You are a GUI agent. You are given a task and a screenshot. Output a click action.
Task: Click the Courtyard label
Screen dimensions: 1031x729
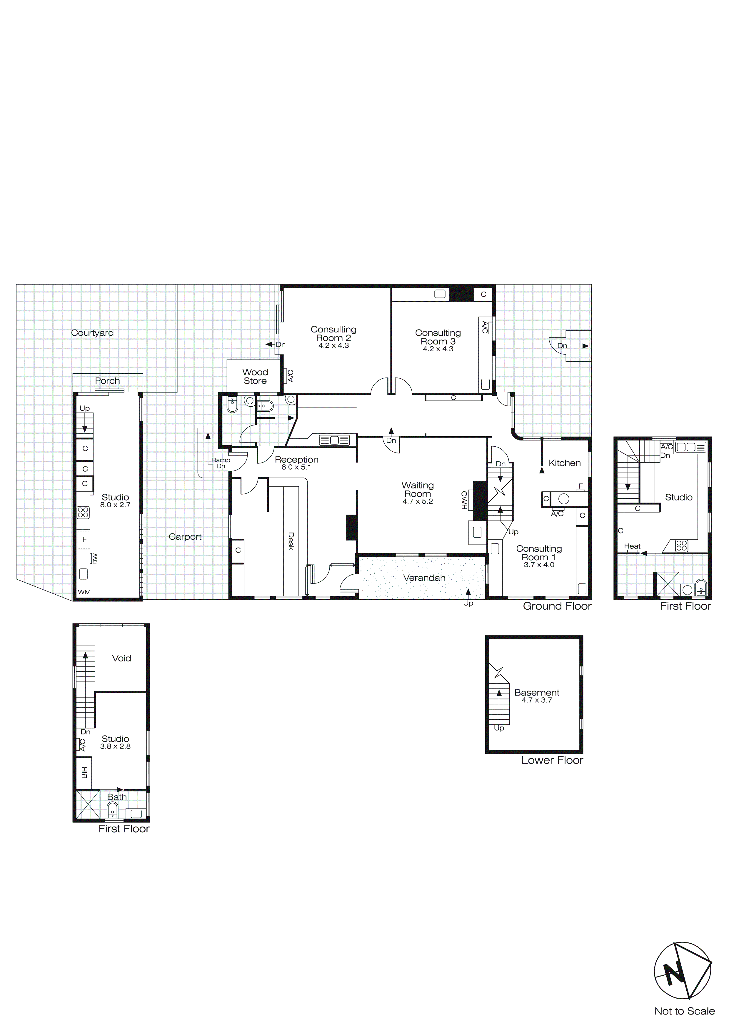pos(92,333)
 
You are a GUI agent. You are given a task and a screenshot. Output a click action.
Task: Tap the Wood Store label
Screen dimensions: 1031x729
pos(255,376)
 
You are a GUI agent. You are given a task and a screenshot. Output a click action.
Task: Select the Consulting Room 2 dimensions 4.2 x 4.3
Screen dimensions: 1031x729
pos(333,346)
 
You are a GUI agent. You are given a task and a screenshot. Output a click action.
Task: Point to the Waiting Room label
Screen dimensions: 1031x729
pos(418,489)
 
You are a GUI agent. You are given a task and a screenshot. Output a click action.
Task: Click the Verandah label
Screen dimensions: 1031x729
pos(424,578)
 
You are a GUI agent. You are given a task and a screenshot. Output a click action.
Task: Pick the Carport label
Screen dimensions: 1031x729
pos(185,537)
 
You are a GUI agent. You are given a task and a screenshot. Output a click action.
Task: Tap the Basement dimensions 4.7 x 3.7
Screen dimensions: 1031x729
pos(537,700)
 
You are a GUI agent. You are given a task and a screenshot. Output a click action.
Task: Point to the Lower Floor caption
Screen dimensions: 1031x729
pos(552,760)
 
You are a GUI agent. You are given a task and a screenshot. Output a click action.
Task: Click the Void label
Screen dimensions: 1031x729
pos(121,658)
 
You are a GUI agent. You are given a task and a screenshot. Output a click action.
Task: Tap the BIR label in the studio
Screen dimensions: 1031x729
pos(84,773)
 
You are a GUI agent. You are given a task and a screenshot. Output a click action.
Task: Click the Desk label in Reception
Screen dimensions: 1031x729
pos(291,541)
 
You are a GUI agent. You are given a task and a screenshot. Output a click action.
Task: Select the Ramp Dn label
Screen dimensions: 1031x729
pos(221,463)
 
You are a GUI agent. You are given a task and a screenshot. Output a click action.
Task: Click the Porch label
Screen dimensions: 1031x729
pos(107,381)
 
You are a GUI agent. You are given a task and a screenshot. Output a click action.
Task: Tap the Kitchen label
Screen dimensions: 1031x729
pos(565,463)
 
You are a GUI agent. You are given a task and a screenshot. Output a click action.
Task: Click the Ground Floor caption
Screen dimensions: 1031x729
pos(557,606)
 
